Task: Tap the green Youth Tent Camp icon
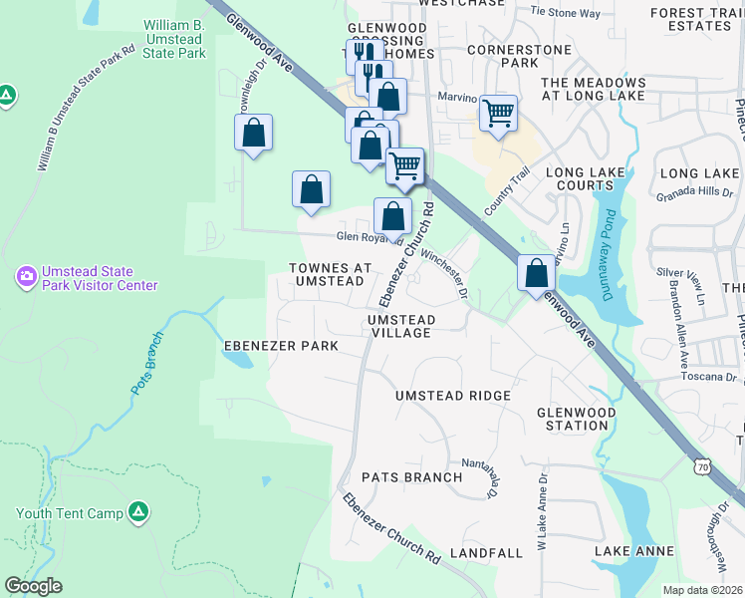pyautogui.click(x=139, y=512)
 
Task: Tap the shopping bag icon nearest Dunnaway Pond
pyautogui.click(x=536, y=272)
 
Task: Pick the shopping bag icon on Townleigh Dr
pyautogui.click(x=254, y=133)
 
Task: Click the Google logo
pyautogui.click(x=33, y=586)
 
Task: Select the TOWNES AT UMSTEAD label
pyautogui.click(x=330, y=275)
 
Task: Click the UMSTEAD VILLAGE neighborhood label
pyautogui.click(x=401, y=326)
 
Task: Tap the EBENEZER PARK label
pyautogui.click(x=281, y=346)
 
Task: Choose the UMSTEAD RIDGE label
pyautogui.click(x=453, y=396)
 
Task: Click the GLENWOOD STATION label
pyautogui.click(x=577, y=419)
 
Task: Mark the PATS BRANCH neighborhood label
pyautogui.click(x=411, y=477)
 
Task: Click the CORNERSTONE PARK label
pyautogui.click(x=520, y=55)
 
